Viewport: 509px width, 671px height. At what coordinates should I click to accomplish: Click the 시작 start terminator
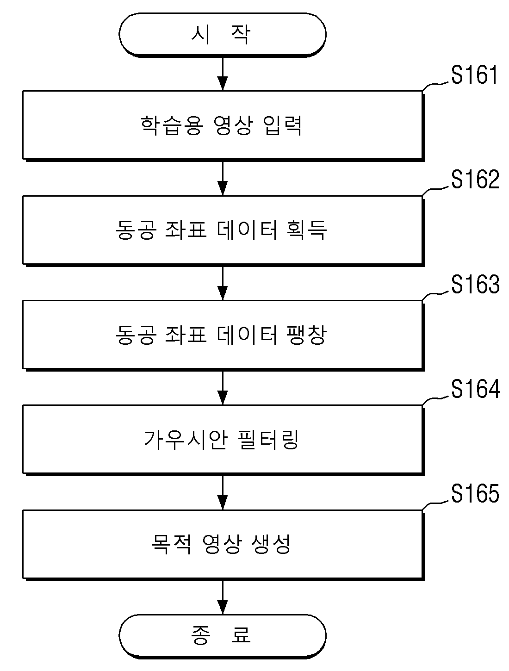coord(223,35)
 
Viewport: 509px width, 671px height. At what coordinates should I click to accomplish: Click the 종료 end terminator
coord(223,635)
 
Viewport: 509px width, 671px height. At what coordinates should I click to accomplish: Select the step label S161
coord(475,75)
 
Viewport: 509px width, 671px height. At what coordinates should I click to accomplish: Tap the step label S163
coord(475,284)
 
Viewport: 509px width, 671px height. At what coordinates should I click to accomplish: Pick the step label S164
coord(475,389)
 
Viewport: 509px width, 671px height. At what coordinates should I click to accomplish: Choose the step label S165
coord(475,493)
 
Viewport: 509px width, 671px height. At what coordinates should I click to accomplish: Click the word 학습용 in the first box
coord(172,125)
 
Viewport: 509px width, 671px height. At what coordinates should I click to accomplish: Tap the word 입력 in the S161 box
coord(283,125)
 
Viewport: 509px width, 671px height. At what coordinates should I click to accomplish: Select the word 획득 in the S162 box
coord(307,230)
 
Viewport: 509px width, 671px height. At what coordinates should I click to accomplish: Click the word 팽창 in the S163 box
coord(307,335)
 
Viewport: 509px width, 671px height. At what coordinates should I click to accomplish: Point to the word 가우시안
coord(186,440)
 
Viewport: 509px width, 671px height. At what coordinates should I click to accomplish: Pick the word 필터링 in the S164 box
coord(268,440)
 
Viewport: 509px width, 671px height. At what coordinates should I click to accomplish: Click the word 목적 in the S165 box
coord(171,545)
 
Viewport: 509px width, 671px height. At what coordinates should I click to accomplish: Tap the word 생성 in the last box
coord(271,545)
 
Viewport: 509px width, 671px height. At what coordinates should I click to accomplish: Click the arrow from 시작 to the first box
coord(223,74)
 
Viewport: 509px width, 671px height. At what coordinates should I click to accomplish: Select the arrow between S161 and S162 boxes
coord(223,179)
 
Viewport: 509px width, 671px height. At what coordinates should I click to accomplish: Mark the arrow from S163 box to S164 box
coord(223,388)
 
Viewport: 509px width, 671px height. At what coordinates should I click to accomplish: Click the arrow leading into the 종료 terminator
coord(223,597)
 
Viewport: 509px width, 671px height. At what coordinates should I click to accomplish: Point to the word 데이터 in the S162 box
coord(247,230)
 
